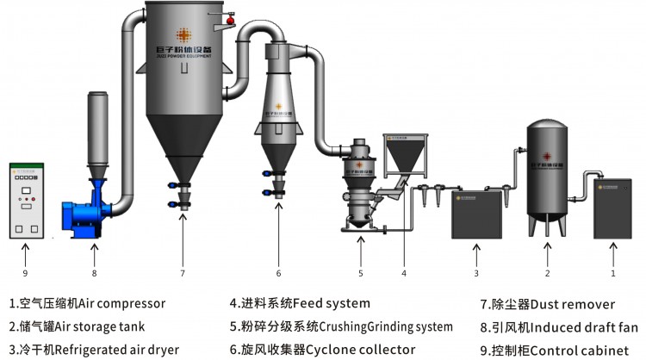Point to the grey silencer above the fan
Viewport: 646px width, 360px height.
coord(96,121)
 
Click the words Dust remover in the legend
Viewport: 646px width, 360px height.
coord(570,303)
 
